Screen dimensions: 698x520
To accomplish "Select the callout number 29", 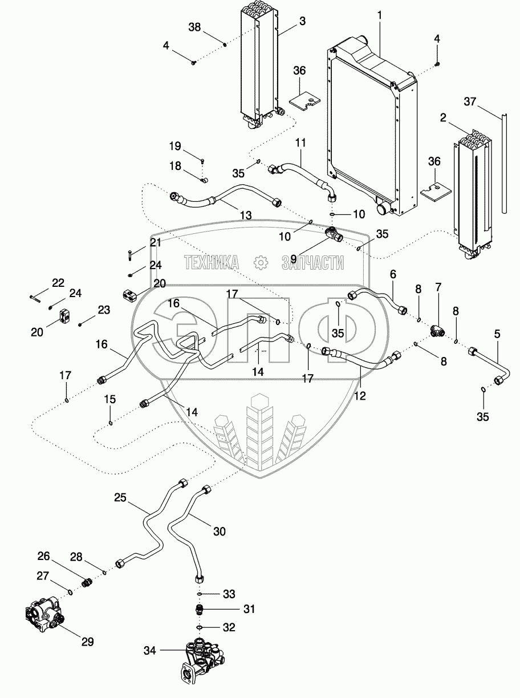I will pos(87,642).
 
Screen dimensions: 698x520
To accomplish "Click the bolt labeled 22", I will pos(35,297).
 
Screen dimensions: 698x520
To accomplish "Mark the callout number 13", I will pos(245,216).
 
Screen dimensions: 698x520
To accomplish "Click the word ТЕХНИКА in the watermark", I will pos(211,262).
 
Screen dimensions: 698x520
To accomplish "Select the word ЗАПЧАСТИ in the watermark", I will pos(312,262).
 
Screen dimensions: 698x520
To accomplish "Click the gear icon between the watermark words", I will pos(260,262).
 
